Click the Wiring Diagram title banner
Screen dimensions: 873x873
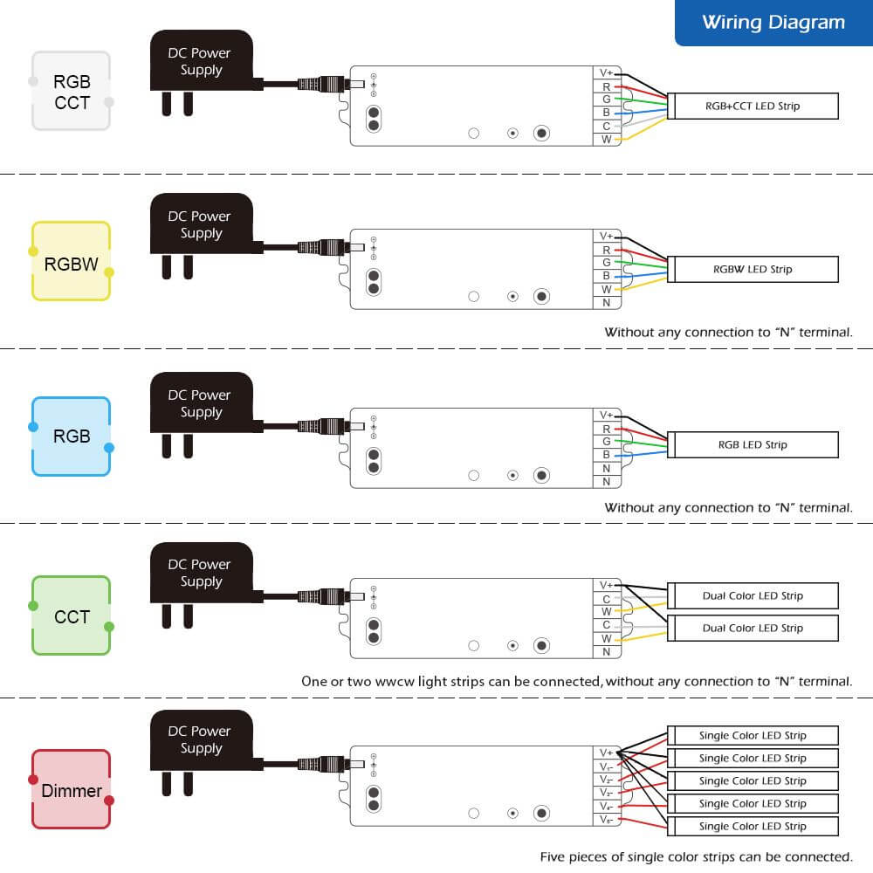coord(773,23)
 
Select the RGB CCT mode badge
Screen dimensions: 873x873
coord(72,92)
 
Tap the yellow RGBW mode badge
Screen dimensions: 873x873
coord(72,263)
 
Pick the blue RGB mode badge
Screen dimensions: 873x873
coord(72,436)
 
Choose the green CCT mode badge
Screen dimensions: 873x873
coord(72,616)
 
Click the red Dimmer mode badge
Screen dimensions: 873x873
coord(72,790)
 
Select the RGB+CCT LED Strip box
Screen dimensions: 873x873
coord(753,107)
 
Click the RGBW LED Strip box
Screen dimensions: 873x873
coord(753,269)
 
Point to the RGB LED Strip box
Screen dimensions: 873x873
coord(753,444)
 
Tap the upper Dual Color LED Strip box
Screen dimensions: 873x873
coord(753,595)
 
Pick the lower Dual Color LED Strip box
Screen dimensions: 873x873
coord(753,628)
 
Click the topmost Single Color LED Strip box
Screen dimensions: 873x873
coord(753,735)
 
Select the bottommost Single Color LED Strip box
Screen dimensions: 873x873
coord(753,826)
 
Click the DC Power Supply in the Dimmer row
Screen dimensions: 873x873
coord(202,740)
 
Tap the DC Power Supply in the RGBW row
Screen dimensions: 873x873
coord(202,225)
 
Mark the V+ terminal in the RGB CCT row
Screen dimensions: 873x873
coord(606,73)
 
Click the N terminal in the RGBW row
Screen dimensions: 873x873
coord(606,303)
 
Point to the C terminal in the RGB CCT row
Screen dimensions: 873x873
coord(606,126)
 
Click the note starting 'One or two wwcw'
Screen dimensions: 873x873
coord(576,681)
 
